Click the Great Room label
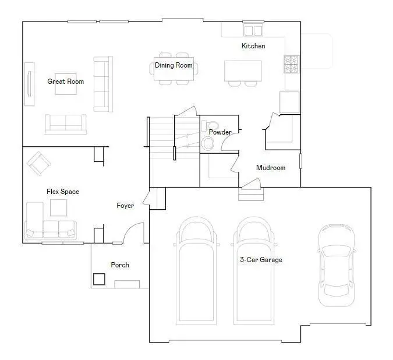pyautogui.click(x=65, y=82)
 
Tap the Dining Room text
pyautogui.click(x=174, y=65)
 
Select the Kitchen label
pyautogui.click(x=253, y=46)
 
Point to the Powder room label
pyautogui.click(x=220, y=132)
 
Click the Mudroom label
pyautogui.click(x=271, y=168)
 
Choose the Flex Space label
pyautogui.click(x=63, y=192)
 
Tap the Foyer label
pyautogui.click(x=125, y=206)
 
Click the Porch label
pyautogui.click(x=120, y=265)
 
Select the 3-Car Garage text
pyautogui.click(x=261, y=260)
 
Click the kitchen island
pyautogui.click(x=243, y=70)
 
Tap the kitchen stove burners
pyautogui.click(x=291, y=64)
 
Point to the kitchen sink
pyautogui.click(x=253, y=30)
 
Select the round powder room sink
pyautogui.click(x=208, y=144)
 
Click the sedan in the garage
pyautogui.click(x=337, y=265)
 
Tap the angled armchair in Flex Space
pyautogui.click(x=39, y=164)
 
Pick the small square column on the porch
pyautogui.click(x=99, y=279)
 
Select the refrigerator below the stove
pyautogui.click(x=289, y=102)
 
